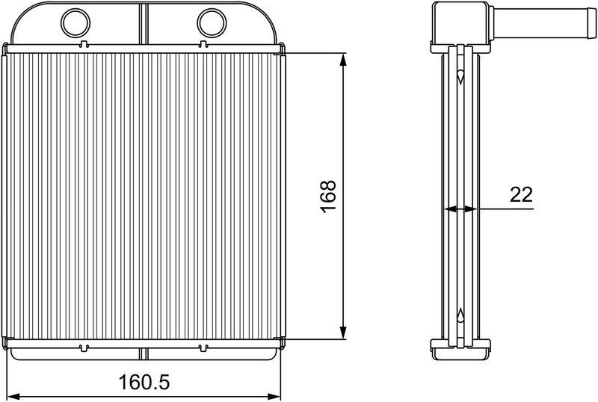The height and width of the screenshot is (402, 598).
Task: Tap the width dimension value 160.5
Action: (145, 383)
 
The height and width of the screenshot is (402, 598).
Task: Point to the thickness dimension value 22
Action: (521, 195)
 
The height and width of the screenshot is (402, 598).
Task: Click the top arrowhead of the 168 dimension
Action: (344, 60)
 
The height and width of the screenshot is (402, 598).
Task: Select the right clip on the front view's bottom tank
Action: (202, 347)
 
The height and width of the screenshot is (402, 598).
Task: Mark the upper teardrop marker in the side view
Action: (460, 76)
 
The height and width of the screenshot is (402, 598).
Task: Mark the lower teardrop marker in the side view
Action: (460, 314)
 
